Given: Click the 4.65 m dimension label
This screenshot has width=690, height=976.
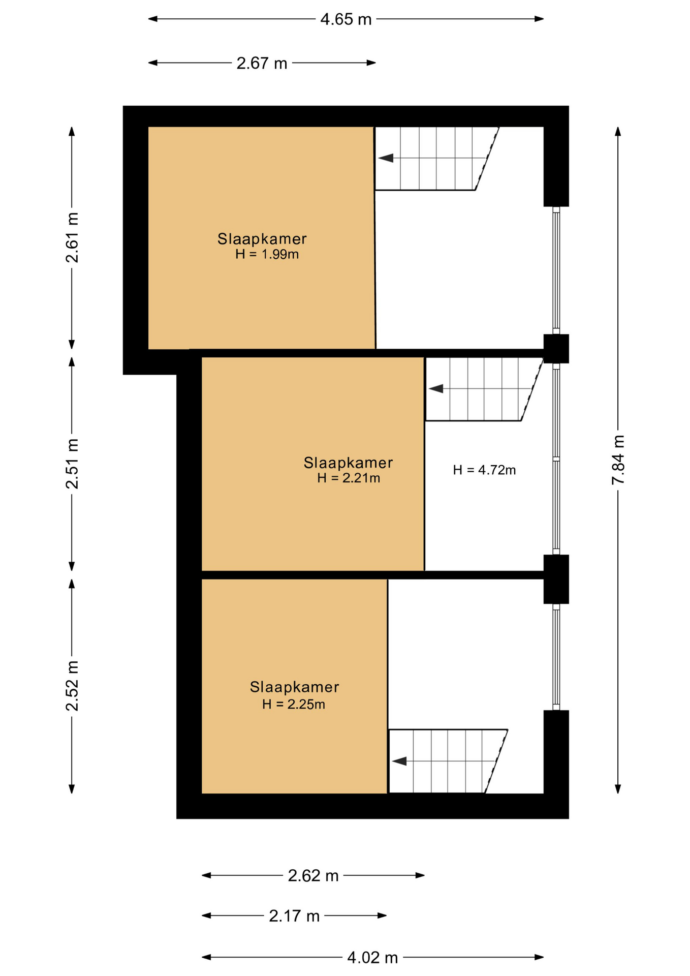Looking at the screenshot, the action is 346,19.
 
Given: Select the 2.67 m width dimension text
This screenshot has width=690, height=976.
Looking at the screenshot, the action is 262,63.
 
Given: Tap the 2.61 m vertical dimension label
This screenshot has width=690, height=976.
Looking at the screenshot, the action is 72,238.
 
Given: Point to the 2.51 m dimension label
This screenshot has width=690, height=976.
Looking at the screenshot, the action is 72,464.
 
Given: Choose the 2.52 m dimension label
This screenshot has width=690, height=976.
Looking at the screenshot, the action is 72,686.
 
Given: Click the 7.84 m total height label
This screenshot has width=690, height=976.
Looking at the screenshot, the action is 618,460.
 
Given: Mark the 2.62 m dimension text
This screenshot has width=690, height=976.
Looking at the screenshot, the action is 313,875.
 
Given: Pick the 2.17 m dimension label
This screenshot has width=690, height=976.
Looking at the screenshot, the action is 294,916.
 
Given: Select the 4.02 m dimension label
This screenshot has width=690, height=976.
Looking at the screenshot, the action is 372,958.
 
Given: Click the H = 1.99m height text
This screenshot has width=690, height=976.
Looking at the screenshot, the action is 267,254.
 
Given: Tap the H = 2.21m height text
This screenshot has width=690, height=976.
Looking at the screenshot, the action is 349,478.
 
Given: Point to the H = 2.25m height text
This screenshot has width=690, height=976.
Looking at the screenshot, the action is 294,704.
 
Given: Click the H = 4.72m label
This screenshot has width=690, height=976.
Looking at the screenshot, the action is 484,470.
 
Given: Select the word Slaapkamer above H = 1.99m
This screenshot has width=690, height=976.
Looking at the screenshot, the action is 262,239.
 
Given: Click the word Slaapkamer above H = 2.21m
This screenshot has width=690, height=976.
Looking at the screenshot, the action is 348,463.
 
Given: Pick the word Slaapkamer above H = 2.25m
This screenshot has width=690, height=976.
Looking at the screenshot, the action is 294,687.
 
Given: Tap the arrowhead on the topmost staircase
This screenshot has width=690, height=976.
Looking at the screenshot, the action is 386,158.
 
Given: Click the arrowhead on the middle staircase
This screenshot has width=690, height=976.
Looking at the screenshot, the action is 436,389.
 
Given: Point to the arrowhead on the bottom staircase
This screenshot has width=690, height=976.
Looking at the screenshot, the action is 399,761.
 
